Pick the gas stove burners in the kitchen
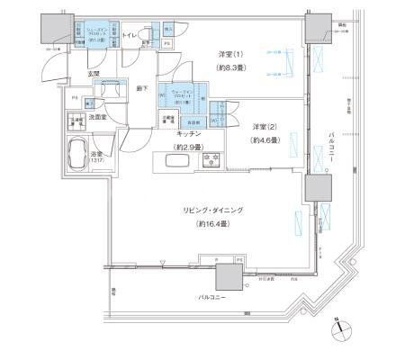214,162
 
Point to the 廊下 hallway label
141,89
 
